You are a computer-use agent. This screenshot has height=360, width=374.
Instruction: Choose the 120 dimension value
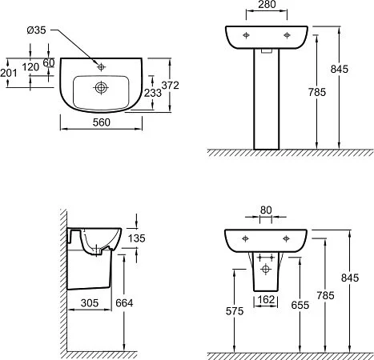pos(31,68)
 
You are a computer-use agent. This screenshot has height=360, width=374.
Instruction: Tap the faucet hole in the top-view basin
pos(100,62)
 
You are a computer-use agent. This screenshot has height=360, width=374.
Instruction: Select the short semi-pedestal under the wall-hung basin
pos(266,272)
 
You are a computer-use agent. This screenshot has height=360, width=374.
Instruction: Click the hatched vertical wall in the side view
pos(63,280)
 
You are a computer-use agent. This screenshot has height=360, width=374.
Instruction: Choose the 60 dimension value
pos(49,62)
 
